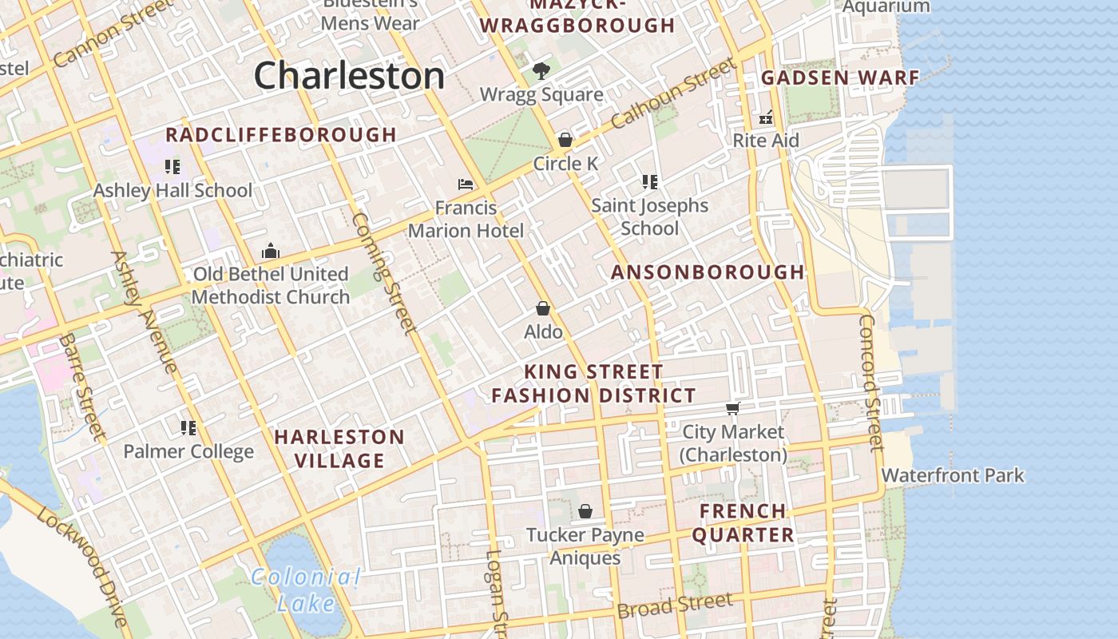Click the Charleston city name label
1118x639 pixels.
pyautogui.click(x=349, y=76)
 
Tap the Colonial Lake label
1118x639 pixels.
pyautogui.click(x=306, y=589)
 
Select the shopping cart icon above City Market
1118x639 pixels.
pyautogui.click(x=732, y=409)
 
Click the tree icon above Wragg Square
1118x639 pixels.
pyautogui.click(x=541, y=71)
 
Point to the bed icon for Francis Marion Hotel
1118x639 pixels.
pyautogui.click(x=466, y=185)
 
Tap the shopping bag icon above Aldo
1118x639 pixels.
pyautogui.click(x=543, y=308)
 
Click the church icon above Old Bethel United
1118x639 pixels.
pyautogui.click(x=271, y=251)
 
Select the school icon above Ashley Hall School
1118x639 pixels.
pyautogui.click(x=172, y=167)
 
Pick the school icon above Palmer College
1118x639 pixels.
pyautogui.click(x=188, y=428)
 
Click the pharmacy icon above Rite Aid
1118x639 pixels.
pyautogui.click(x=766, y=117)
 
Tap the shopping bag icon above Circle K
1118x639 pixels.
pyautogui.click(x=565, y=140)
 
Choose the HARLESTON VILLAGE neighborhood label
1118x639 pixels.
pyautogui.click(x=339, y=449)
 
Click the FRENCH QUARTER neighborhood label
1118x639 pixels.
pyautogui.click(x=743, y=523)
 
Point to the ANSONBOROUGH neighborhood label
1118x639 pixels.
pyautogui.click(x=708, y=272)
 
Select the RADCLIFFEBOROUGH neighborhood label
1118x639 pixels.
pyautogui.click(x=281, y=135)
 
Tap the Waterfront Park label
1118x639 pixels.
pyautogui.click(x=953, y=475)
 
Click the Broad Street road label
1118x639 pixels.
pyautogui.click(x=675, y=605)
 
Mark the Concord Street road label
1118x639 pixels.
pyautogui.click(x=870, y=382)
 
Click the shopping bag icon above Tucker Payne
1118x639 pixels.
pyautogui.click(x=585, y=511)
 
